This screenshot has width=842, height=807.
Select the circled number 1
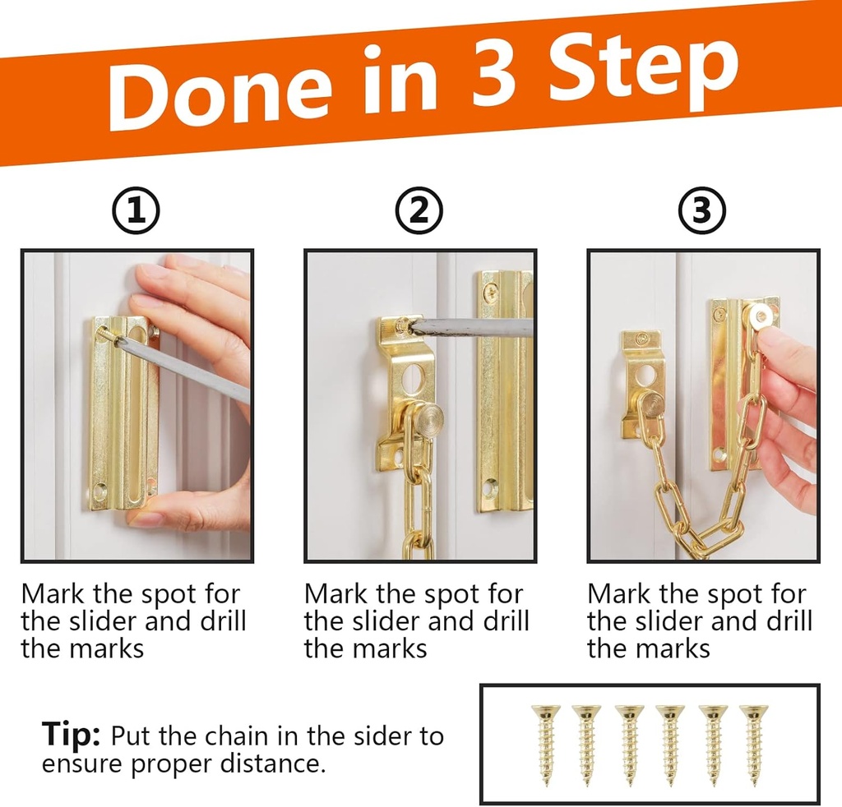coord(136,212)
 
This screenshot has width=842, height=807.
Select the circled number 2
coord(419,212)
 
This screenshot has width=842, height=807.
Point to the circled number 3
coord(701,212)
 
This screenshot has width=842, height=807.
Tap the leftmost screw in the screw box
coord(545,744)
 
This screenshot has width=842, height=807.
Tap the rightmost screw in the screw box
coord(753,744)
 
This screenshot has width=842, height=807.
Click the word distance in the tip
coord(271,764)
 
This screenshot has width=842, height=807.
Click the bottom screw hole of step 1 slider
coord(100,493)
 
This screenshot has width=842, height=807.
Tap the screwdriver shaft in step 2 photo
coord(469,328)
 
